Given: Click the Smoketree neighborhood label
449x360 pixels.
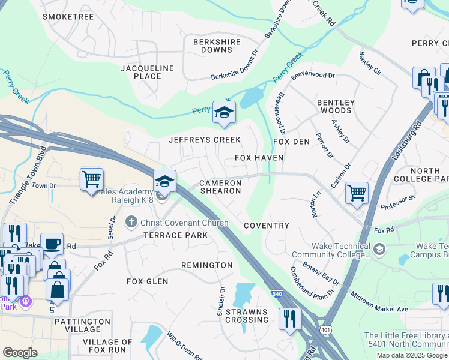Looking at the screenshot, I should click(68, 17).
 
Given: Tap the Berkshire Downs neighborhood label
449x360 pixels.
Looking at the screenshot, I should click(217, 46).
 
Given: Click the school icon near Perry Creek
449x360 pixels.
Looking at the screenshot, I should click(224, 113).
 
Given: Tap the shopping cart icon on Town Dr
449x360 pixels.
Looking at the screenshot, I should click(91, 179).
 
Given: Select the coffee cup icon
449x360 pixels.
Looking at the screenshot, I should click(52, 243).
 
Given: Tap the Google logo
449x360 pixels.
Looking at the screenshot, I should click(20, 352).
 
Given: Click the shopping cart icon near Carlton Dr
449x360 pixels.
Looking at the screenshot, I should click(357, 193).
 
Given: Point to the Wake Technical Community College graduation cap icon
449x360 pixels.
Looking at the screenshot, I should click(379, 249).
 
